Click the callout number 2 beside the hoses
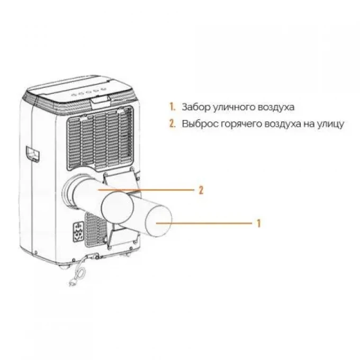(201, 191)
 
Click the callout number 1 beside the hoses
(259, 223)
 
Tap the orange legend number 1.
(172, 107)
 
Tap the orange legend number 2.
(172, 123)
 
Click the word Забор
(195, 107)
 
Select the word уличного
(233, 108)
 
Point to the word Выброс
(200, 124)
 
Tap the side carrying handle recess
(33, 154)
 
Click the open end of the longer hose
(158, 221)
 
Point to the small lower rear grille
(96, 230)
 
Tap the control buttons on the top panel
(88, 92)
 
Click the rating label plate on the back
(78, 232)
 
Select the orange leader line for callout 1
(204, 223)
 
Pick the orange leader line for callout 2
(146, 190)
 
